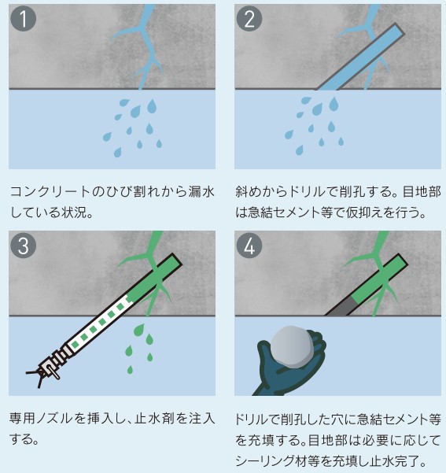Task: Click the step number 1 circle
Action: click(24, 19)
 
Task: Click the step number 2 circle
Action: click(249, 19)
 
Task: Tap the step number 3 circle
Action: click(24, 245)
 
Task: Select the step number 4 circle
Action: click(249, 245)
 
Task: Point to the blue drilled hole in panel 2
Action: click(360, 57)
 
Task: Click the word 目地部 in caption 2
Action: click(422, 192)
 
